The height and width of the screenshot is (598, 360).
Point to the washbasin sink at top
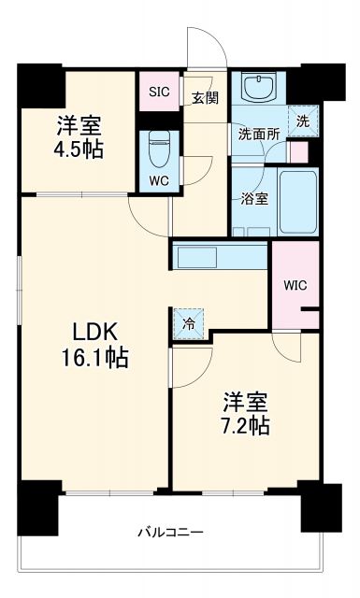pos(255,89)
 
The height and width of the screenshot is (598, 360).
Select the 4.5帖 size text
pos(78,149)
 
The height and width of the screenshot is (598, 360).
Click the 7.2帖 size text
pos(245,426)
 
